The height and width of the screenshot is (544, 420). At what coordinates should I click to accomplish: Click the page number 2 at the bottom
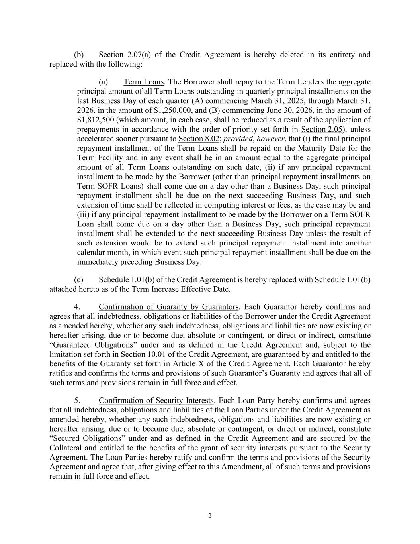click(210, 516)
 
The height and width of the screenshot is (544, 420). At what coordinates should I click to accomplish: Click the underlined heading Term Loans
click(143, 82)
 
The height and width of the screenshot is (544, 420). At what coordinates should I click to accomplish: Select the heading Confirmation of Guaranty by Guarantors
click(168, 307)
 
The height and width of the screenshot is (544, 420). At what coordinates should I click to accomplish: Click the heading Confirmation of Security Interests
click(156, 400)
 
